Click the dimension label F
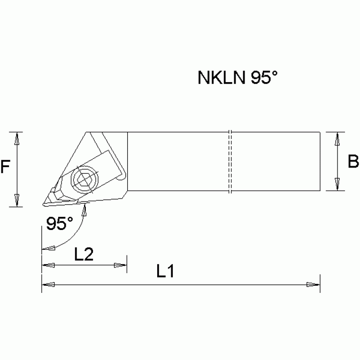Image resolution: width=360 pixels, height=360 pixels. click(5, 168)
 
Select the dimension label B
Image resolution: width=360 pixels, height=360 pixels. click(353, 162)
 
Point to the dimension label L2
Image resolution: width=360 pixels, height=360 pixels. click(84, 254)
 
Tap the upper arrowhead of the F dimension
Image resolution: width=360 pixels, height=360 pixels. click(17, 138)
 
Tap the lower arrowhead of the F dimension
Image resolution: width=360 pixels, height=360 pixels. click(17, 200)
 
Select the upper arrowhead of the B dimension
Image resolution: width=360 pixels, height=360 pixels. click(337, 138)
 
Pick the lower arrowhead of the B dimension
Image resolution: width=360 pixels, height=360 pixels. click(337, 184)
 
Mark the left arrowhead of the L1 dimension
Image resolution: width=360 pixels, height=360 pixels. click(48, 284)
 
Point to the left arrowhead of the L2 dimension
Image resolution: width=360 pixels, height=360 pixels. click(48, 266)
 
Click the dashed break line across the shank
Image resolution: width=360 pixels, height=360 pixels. click(230, 161)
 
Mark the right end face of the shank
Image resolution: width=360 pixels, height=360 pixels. click(320, 161)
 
